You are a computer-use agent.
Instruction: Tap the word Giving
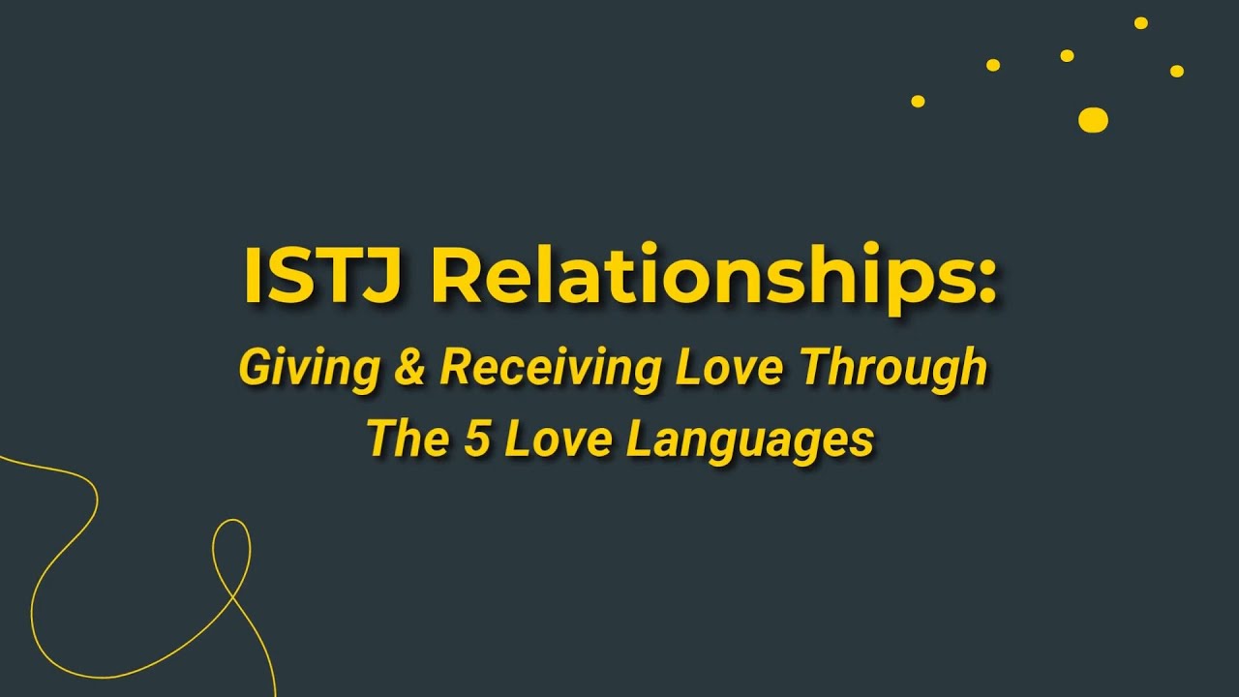click(309, 369)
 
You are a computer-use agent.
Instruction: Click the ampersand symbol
click(410, 369)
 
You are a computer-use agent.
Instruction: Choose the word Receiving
click(550, 369)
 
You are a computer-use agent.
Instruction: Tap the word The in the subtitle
click(408, 439)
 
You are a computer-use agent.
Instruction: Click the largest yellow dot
click(1093, 120)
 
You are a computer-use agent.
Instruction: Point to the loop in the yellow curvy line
click(231, 552)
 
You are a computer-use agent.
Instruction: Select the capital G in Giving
click(256, 369)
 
